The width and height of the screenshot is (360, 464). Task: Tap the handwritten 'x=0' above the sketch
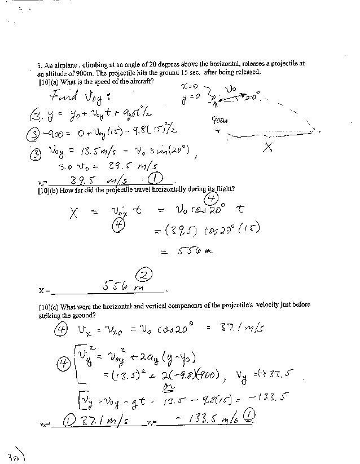pos(190,86)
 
